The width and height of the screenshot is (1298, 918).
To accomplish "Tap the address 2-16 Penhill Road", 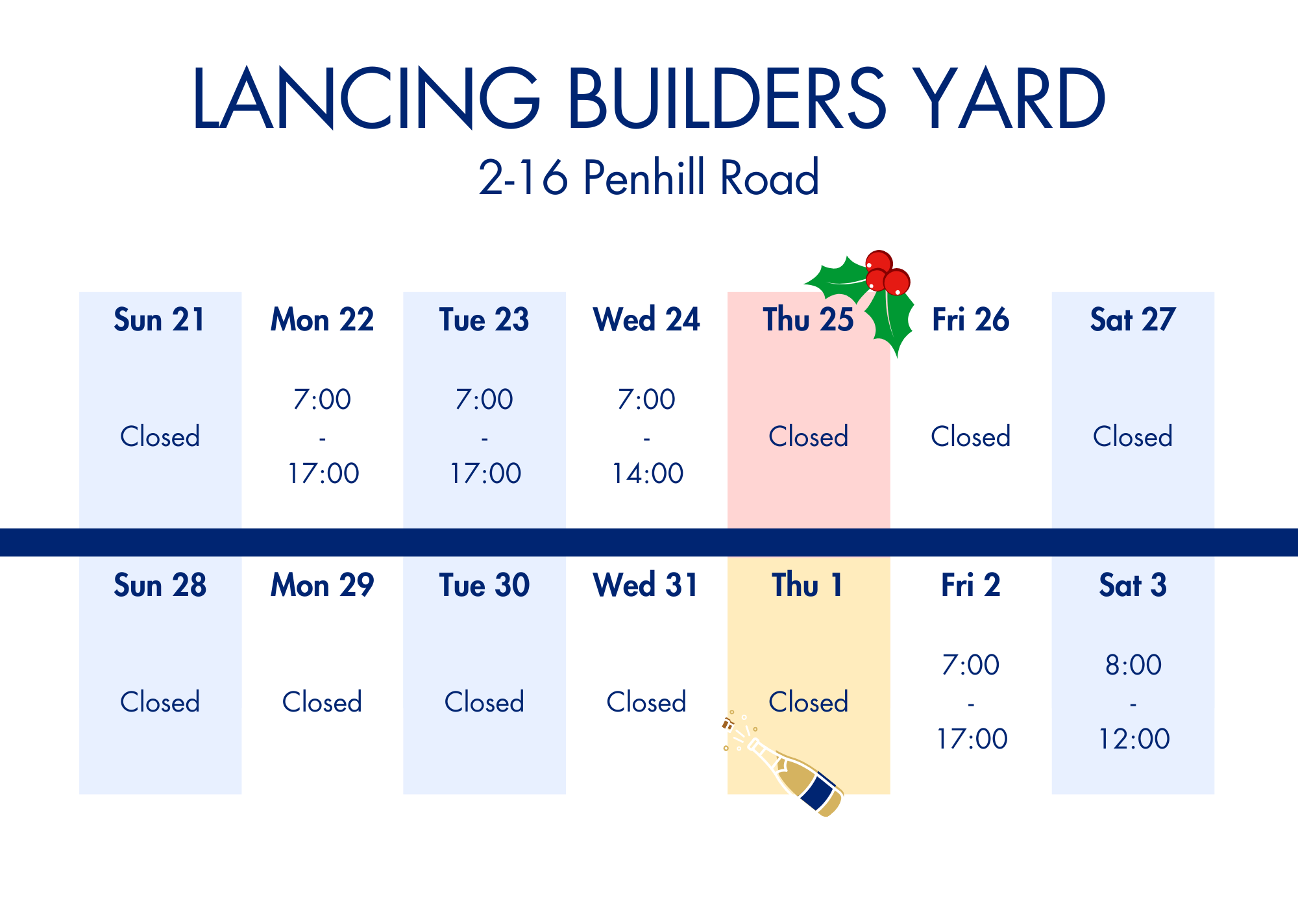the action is (649, 177).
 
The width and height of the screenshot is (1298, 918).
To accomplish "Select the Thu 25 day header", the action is (808, 319).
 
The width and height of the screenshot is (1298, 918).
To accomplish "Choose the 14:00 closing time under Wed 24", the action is (647, 473).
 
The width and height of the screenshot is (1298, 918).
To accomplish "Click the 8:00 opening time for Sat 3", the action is (1133, 665).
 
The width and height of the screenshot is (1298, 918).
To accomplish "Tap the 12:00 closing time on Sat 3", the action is (1133, 739).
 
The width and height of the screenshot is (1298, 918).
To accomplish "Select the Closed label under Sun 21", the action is (160, 436).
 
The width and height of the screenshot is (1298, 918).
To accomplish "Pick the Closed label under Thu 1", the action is (808, 702).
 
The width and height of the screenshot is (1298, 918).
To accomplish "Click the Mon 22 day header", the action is (322, 319).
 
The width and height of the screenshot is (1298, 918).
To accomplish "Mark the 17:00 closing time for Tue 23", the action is (485, 473).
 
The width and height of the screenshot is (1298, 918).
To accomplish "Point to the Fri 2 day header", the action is (971, 585).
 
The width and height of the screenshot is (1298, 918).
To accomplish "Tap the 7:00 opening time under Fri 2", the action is (971, 665).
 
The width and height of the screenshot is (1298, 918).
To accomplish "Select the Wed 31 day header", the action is (646, 585).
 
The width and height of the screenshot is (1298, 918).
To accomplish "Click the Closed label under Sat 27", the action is (1133, 436).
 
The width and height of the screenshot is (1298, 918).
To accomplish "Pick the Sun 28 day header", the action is (160, 585).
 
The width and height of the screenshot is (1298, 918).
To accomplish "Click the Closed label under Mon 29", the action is (322, 702).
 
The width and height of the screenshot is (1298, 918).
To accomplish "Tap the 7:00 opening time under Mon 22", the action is (322, 399).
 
